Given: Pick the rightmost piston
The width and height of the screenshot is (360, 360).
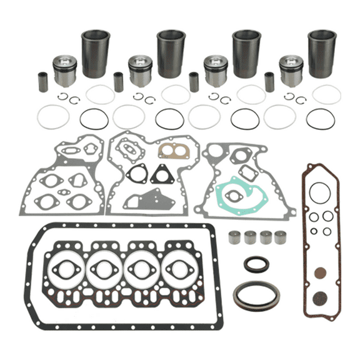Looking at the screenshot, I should click(291, 71).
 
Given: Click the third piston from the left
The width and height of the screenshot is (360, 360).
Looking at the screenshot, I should click(216, 71).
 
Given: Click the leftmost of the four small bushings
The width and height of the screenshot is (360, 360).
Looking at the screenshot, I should click(234, 237).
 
